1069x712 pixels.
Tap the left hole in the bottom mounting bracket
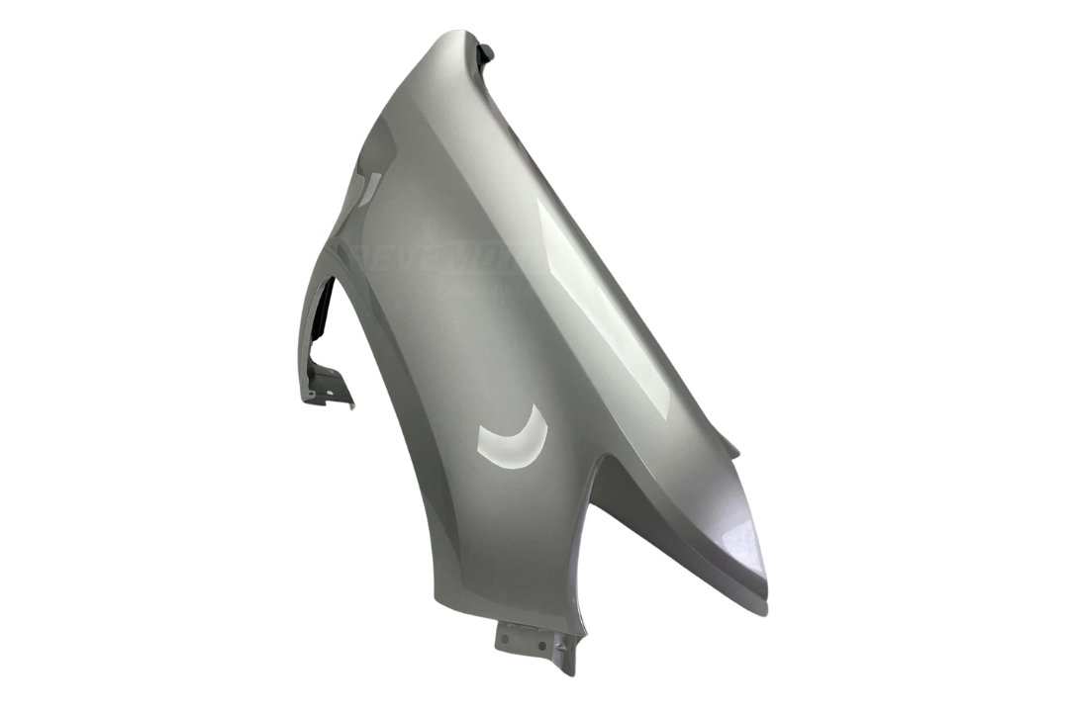tap(505, 640)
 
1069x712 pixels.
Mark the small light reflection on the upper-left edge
tap(369, 188)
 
